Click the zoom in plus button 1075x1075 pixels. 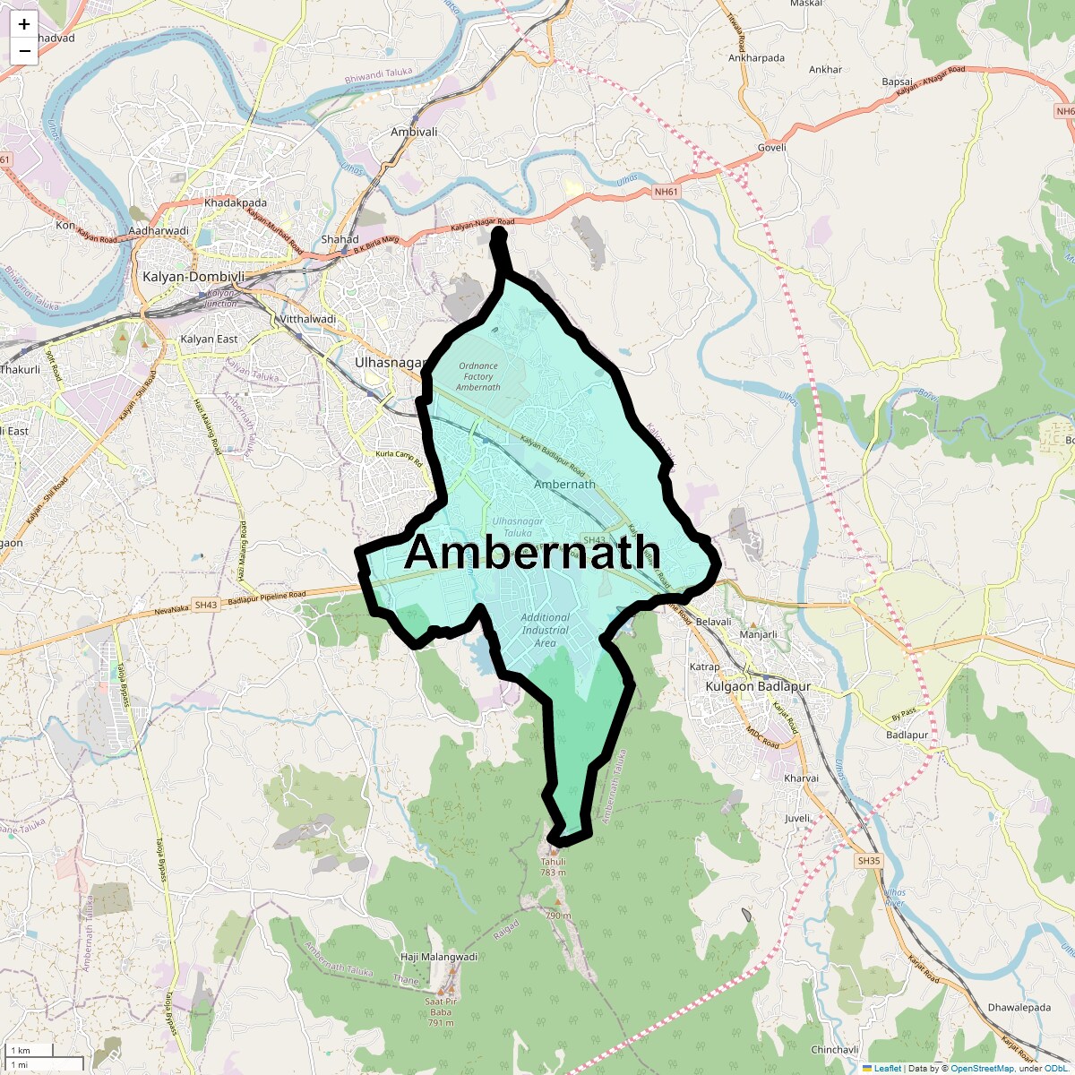(24, 24)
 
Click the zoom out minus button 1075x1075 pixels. (24, 51)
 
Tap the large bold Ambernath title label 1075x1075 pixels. (532, 553)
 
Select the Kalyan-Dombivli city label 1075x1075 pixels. (193, 277)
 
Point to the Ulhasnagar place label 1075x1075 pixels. (388, 363)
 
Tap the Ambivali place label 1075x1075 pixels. (414, 132)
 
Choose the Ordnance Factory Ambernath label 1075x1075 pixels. (477, 376)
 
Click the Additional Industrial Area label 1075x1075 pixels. (545, 630)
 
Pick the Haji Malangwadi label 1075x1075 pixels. (439, 957)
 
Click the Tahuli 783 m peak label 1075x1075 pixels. (553, 867)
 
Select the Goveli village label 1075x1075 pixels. (771, 148)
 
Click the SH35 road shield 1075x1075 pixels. (869, 861)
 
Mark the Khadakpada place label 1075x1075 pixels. (236, 203)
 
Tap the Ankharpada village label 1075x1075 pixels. (756, 58)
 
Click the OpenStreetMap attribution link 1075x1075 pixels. (982, 1068)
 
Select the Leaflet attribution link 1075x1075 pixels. (888, 1068)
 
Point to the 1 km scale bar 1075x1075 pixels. (28, 1050)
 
